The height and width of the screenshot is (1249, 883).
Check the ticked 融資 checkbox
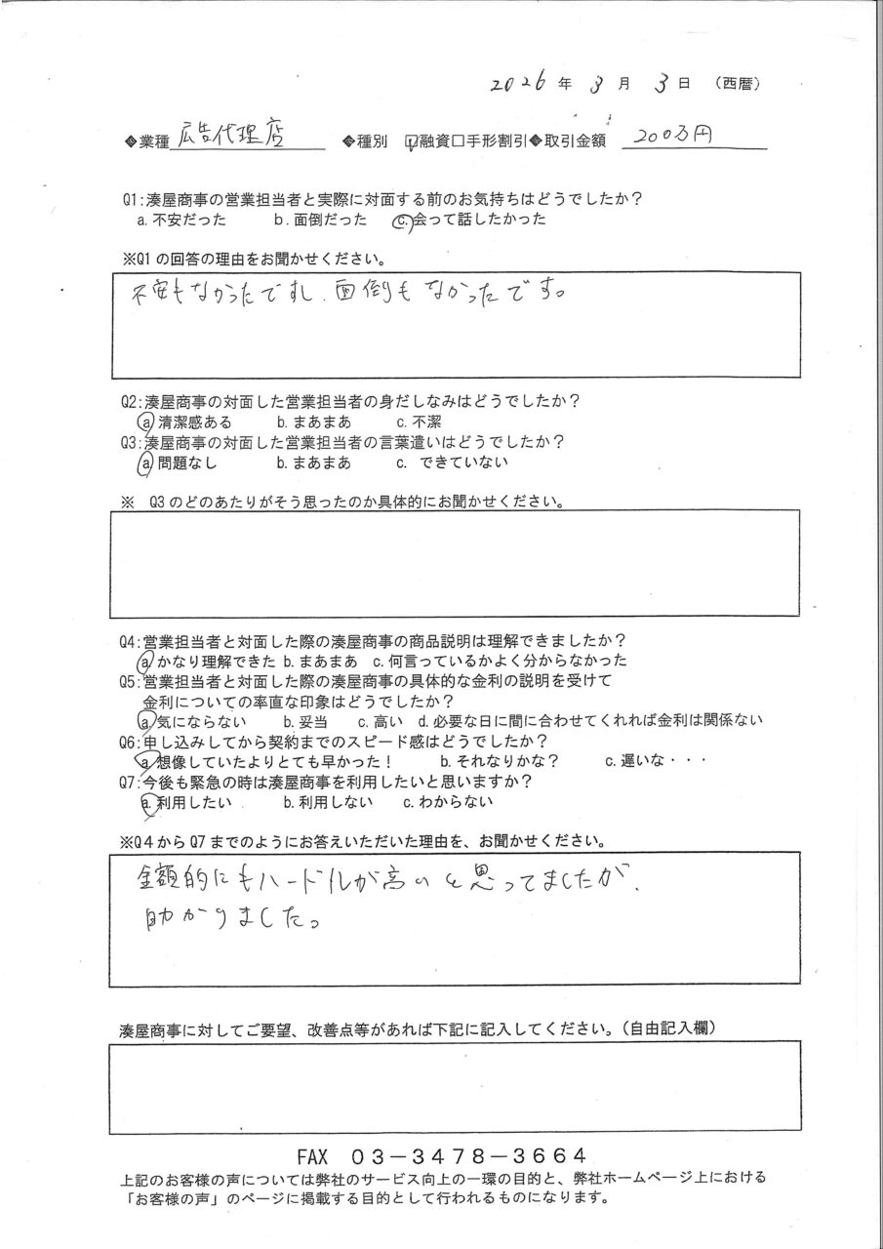tap(412, 142)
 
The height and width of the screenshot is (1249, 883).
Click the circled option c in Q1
tap(398, 221)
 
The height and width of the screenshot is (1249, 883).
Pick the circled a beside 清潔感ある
tap(145, 422)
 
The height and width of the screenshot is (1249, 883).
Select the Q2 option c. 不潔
tap(420, 423)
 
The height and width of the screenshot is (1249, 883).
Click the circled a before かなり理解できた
tap(145, 662)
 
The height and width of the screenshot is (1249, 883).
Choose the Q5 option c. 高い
tap(376, 722)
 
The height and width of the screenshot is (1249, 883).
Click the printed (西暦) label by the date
tap(738, 85)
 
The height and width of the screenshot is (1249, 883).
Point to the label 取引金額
tap(574, 142)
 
